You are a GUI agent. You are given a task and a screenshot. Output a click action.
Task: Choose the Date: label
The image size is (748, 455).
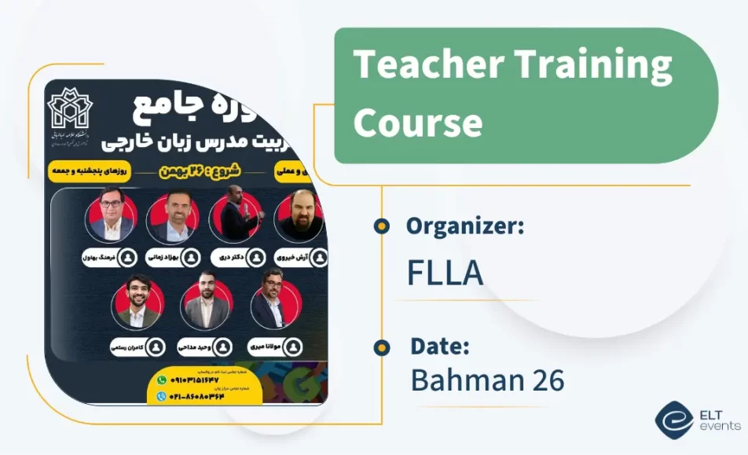[x=440, y=346]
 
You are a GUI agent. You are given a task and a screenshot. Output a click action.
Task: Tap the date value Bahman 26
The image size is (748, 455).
[x=487, y=380]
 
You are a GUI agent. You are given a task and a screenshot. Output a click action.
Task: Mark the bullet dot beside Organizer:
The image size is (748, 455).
[x=382, y=227]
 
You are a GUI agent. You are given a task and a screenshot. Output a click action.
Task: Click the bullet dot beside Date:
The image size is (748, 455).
[x=382, y=347]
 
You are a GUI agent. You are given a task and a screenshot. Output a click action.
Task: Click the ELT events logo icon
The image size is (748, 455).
[x=673, y=419]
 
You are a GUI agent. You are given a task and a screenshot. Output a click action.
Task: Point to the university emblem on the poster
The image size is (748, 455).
[x=70, y=109]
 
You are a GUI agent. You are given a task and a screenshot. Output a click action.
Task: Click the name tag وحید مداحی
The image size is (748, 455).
[x=205, y=346]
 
